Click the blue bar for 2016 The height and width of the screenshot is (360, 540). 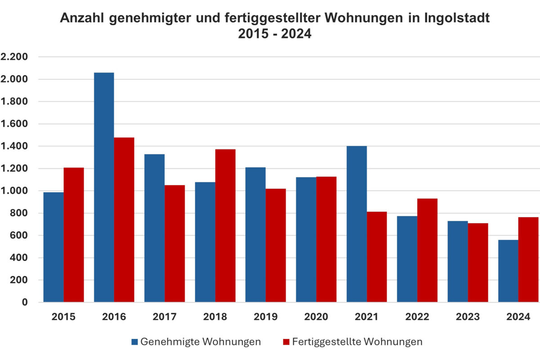coord(104,187)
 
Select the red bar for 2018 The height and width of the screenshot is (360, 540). coord(225,225)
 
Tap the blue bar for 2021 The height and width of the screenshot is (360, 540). coord(357,224)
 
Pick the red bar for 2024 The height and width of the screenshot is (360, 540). coord(529,259)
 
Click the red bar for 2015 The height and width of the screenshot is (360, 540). coord(73,234)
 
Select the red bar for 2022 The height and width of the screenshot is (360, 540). coord(427,250)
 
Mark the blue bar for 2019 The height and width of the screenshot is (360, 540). coord(256,234)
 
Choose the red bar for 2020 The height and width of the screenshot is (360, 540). coord(326,239)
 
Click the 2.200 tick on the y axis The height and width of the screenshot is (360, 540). coord(14,57)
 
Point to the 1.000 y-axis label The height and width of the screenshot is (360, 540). coord(14,191)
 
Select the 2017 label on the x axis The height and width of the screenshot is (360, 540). coord(165,317)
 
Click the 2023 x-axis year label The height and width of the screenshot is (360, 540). coord(468,317)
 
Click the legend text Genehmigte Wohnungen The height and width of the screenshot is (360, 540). coord(201,342)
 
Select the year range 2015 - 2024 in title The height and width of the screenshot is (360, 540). coord(275,34)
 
